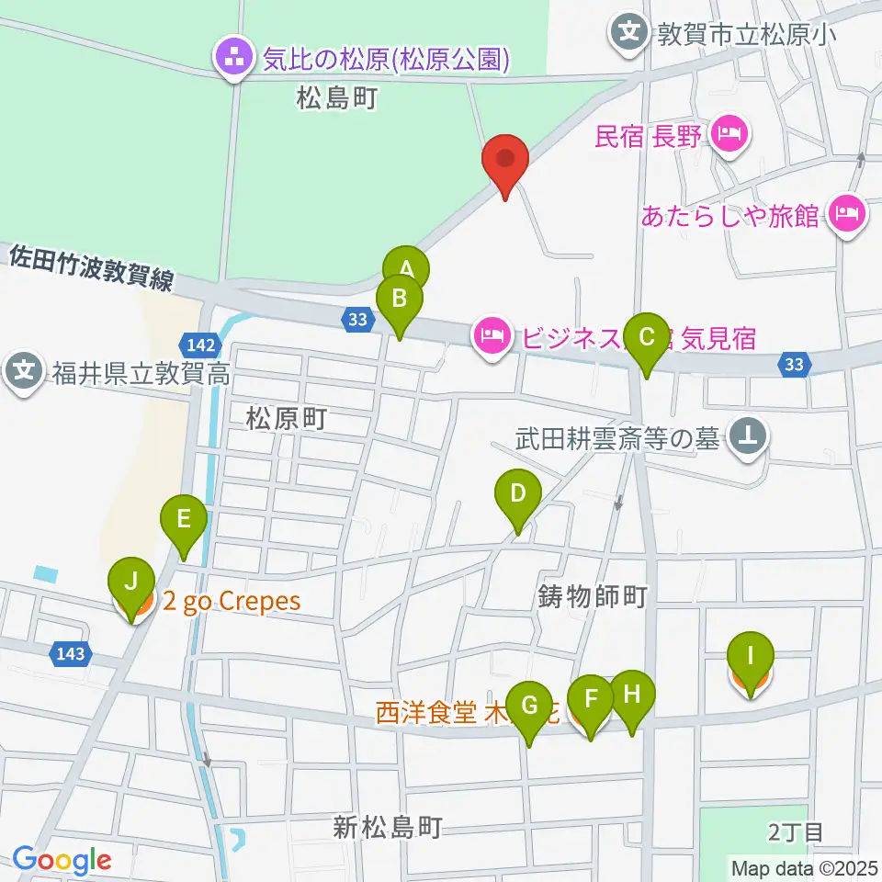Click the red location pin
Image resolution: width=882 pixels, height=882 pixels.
click(505, 162)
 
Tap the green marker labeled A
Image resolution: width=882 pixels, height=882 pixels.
click(405, 268)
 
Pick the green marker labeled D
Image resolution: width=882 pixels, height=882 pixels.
click(518, 493)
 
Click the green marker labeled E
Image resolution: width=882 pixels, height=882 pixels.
click(184, 519)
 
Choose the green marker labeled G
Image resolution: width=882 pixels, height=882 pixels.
click(529, 706)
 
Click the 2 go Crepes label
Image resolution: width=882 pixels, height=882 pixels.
click(232, 602)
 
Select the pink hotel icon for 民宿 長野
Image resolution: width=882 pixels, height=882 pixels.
click(730, 137)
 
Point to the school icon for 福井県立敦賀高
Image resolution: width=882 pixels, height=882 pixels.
click(23, 372)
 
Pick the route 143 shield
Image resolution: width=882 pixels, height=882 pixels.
click(73, 653)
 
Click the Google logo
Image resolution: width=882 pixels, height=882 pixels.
click(62, 861)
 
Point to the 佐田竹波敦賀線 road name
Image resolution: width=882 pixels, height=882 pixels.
click(90, 267)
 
